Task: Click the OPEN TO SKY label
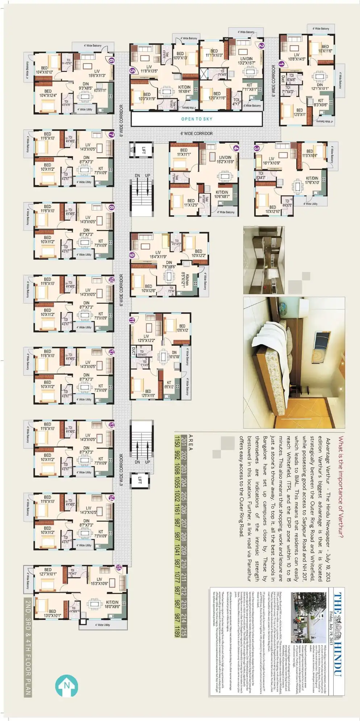(197, 119)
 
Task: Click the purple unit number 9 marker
(133, 255)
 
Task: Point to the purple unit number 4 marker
(236, 148)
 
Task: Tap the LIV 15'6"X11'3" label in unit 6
(97, 73)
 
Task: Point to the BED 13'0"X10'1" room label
(52, 613)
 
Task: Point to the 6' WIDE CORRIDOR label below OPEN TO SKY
(197, 133)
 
